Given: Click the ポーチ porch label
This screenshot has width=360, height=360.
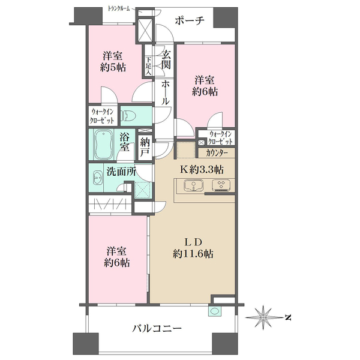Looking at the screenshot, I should point(190,21).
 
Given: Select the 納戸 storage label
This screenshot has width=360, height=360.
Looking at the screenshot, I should point(144,146).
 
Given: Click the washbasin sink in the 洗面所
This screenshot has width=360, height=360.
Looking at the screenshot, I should point(98,178).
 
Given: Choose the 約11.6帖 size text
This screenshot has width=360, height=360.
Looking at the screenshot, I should point(192,253).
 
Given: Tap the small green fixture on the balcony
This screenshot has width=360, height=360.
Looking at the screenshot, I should point(214,311).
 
